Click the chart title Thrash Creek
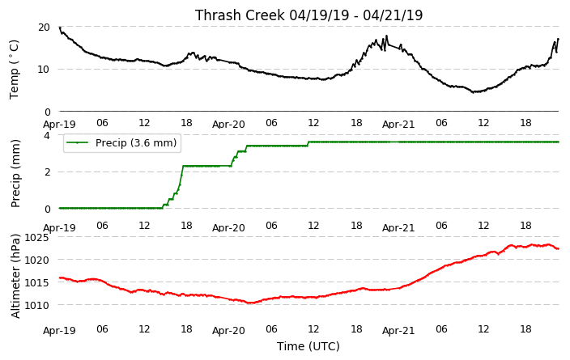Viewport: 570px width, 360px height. click(240, 15)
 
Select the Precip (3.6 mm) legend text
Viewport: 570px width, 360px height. click(136, 142)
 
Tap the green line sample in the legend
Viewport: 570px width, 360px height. click(78, 142)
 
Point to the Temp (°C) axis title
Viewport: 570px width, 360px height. click(14, 70)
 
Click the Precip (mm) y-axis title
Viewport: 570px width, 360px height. click(15, 174)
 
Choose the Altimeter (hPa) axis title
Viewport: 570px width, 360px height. click(15, 276)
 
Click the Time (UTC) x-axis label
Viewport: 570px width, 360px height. click(308, 346)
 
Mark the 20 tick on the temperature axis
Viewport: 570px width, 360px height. click(44, 28)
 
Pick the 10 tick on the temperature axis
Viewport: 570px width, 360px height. click(44, 69)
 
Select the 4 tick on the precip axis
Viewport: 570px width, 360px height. click(47, 135)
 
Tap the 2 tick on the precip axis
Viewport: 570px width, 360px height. click(47, 172)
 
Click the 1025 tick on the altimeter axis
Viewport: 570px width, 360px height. click(36, 238)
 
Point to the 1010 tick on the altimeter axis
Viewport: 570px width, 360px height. click(36, 305)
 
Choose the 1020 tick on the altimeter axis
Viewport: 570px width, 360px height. click(36, 260)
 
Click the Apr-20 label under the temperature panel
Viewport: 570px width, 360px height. click(228, 125)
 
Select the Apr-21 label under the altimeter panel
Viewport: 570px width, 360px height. click(398, 331)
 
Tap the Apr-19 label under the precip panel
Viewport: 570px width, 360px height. click(59, 228)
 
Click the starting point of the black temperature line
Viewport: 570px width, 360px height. click(60, 28)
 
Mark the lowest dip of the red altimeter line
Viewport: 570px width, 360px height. click(249, 303)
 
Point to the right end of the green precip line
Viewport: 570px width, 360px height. click(559, 142)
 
